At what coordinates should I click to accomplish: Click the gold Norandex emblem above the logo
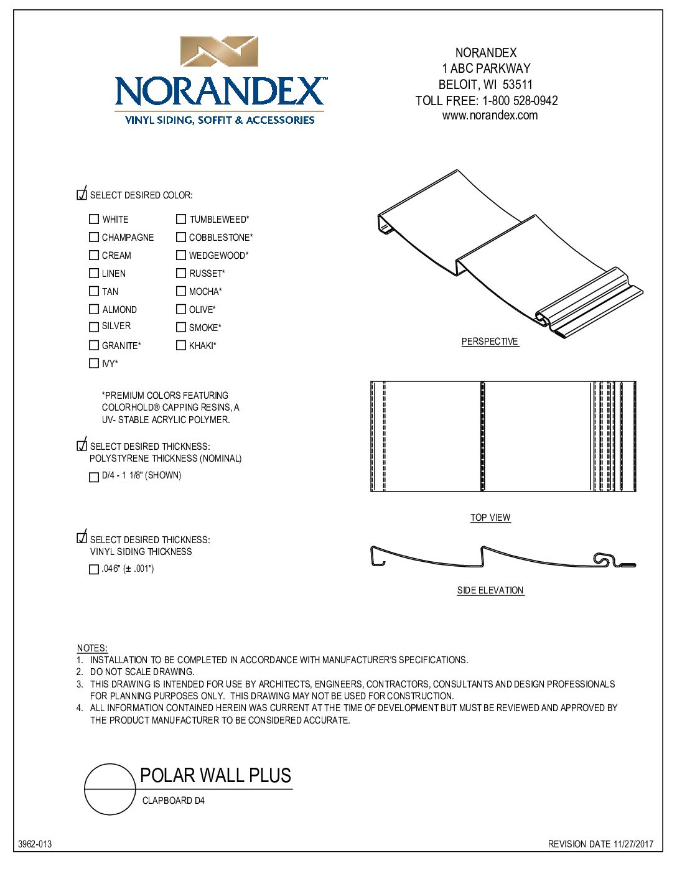coord(219,52)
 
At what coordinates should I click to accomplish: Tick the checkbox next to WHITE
coord(94,219)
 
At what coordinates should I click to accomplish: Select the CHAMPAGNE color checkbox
coord(94,237)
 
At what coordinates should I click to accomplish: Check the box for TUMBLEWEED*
coord(181,219)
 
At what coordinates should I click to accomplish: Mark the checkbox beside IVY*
coord(94,363)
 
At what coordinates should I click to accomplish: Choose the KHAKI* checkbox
coord(181,345)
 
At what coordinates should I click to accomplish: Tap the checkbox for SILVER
coord(94,327)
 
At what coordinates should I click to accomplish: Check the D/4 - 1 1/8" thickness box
coord(94,477)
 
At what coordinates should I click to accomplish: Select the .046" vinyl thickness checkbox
coord(94,569)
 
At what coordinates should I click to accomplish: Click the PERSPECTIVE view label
coord(490,342)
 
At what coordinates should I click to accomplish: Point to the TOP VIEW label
coord(490,518)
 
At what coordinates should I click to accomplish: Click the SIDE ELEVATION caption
coord(490,590)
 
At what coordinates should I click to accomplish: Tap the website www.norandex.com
coord(490,116)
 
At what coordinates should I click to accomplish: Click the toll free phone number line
coord(487,101)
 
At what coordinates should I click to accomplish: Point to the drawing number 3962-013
coord(35,844)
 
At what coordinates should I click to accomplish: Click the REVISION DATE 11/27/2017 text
coord(600,844)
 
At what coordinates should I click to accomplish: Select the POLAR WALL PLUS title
coord(215,776)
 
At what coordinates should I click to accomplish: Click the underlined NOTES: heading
coord(92,648)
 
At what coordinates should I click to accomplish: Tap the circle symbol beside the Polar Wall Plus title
coord(110,789)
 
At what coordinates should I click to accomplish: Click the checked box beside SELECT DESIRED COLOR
coord(82,195)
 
